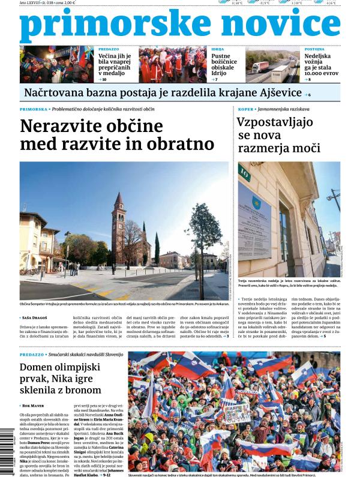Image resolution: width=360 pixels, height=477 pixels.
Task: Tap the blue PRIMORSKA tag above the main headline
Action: (x=34, y=109)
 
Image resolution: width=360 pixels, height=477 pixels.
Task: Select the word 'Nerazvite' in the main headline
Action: (x=61, y=127)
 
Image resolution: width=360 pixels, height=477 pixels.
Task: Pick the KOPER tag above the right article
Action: (x=244, y=109)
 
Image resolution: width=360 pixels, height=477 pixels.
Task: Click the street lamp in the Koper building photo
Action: (x=334, y=198)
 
